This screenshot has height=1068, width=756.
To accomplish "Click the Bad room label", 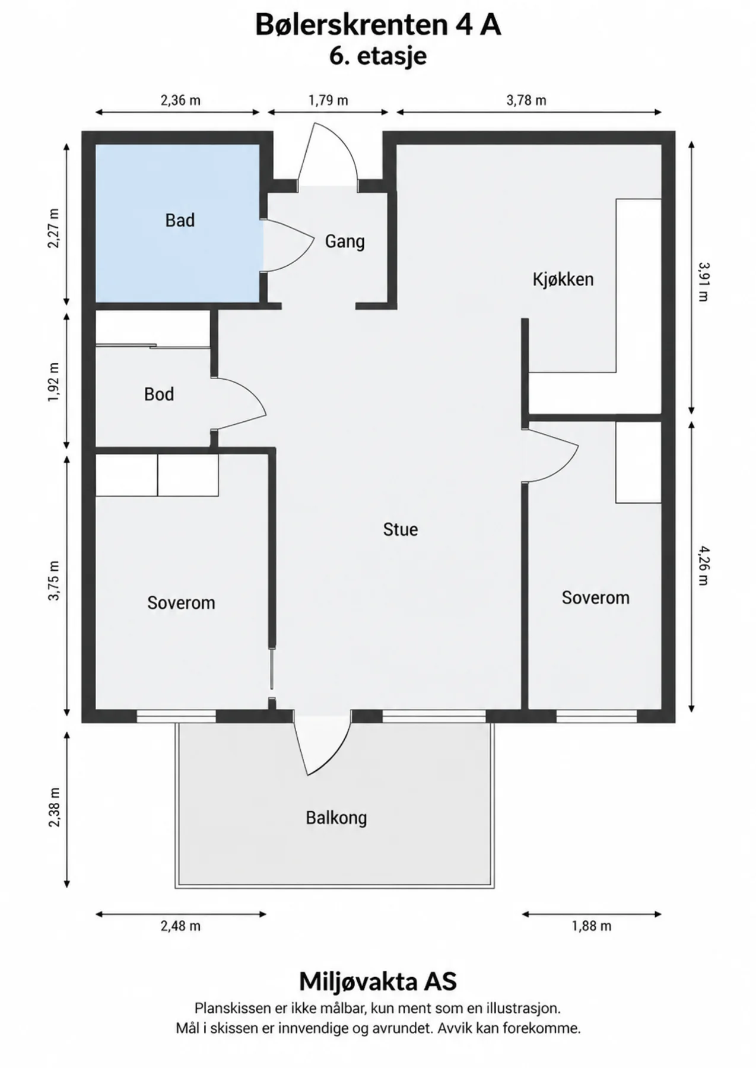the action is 180,220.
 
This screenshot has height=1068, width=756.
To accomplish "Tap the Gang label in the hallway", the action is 345,241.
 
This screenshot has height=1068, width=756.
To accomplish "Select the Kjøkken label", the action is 563,279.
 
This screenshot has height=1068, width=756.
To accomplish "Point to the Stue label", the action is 401,529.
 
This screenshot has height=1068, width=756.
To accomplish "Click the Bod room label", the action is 159,394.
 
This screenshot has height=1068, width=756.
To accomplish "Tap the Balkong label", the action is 336,818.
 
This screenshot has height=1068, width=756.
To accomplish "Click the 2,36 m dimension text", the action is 180,100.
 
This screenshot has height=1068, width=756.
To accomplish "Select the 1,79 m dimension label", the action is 328,100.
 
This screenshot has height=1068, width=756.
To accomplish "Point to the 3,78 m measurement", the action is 526,100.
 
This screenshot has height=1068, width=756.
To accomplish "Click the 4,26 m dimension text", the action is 703,565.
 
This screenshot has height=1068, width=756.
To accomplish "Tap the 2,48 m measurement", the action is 180,926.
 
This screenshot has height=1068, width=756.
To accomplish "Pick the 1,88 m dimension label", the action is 592,926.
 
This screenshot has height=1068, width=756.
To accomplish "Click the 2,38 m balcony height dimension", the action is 54,808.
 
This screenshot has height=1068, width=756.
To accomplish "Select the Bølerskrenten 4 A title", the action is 378,26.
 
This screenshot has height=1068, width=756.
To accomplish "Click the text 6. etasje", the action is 378,56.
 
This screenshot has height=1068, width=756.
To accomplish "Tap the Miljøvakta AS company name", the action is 378,981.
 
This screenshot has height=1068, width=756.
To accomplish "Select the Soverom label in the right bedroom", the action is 596,597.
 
